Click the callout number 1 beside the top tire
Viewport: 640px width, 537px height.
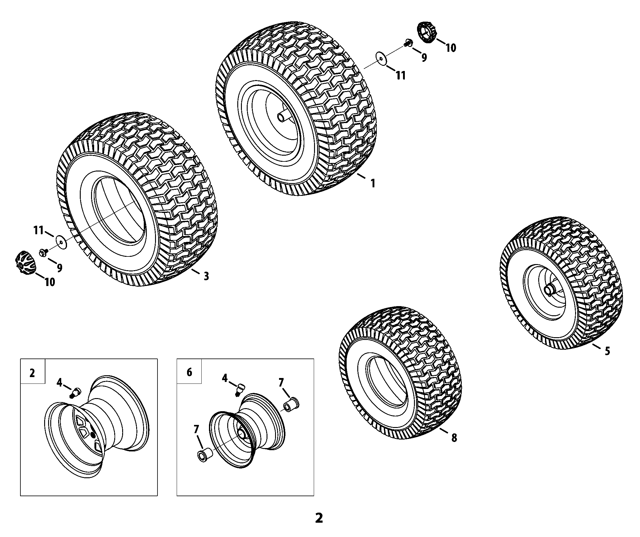(x=373, y=183)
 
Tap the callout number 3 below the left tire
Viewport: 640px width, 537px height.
(x=206, y=276)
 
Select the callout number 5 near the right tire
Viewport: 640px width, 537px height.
(x=607, y=351)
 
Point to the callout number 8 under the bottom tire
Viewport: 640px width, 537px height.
(x=454, y=438)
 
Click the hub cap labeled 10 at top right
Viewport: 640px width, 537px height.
(x=427, y=32)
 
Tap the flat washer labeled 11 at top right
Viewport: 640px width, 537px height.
(x=381, y=58)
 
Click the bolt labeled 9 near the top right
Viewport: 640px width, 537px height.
(x=408, y=44)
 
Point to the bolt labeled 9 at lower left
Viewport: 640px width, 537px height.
(x=43, y=252)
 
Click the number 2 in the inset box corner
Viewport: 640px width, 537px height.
(x=32, y=373)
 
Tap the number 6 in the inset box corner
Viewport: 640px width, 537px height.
(x=189, y=372)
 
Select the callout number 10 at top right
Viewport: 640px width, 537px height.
(x=451, y=48)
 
